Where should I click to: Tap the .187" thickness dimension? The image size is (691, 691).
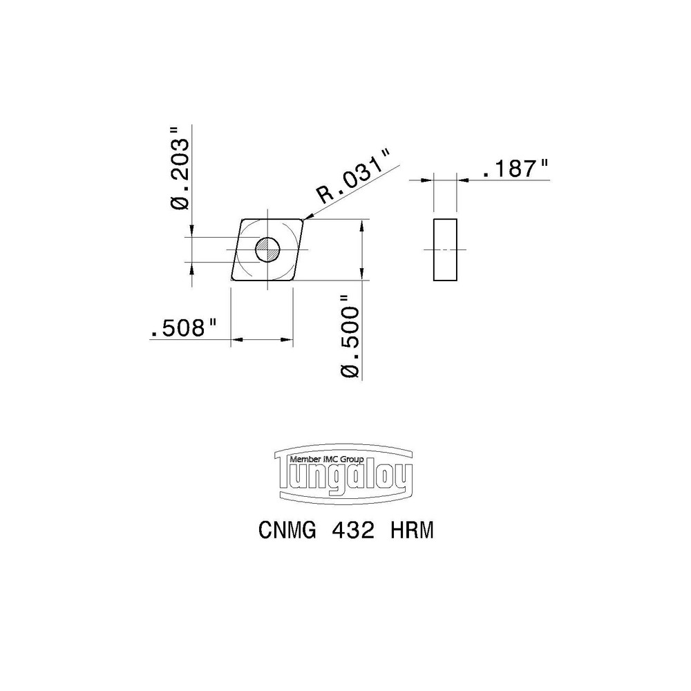click(x=515, y=169)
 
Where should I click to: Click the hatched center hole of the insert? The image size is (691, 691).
click(x=267, y=249)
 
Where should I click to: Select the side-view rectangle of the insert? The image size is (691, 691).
click(x=444, y=249)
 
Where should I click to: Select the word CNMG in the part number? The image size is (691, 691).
click(x=287, y=531)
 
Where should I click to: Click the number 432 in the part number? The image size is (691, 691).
click(x=353, y=531)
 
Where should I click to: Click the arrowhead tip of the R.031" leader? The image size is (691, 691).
click(x=305, y=220)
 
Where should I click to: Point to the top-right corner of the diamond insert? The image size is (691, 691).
click(x=303, y=220)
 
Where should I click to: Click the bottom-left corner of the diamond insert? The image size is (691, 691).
click(x=231, y=280)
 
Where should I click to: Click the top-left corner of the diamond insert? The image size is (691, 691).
click(x=243, y=220)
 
